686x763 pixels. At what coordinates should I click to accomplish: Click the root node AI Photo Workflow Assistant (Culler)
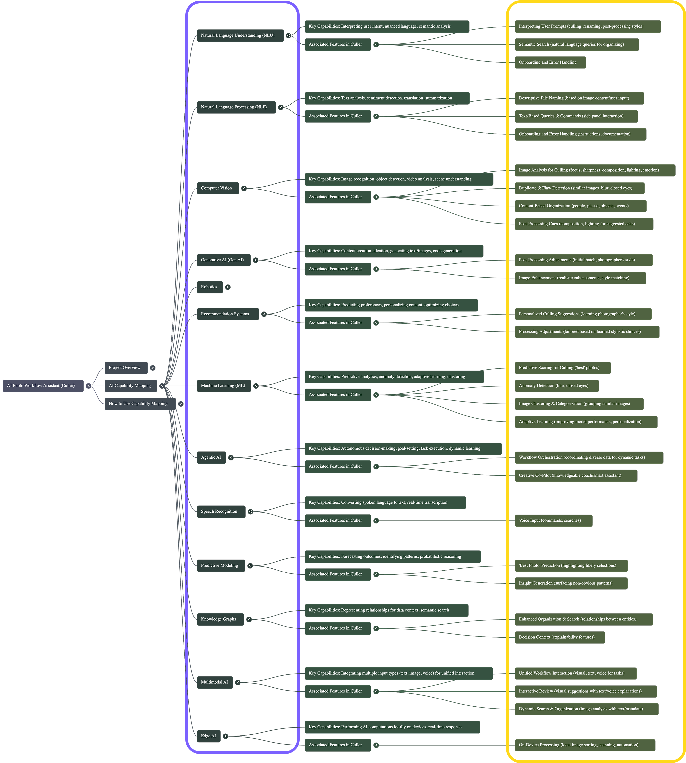[43, 386]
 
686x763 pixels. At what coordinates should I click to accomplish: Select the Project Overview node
[126, 368]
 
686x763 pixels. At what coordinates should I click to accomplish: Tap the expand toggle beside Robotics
[228, 287]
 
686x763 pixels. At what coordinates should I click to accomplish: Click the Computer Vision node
[217, 188]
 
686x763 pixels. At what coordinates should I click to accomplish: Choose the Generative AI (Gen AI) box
[223, 260]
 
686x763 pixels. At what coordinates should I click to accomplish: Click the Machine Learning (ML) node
[224, 386]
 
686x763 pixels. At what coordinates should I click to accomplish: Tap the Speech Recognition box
[221, 512]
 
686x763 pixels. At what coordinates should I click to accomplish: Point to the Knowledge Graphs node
[220, 619]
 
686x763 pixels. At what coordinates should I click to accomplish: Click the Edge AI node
[208, 736]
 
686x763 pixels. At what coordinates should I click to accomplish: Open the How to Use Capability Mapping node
[140, 404]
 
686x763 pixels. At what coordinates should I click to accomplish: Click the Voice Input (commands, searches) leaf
[553, 521]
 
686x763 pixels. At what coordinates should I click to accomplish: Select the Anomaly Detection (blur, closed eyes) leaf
[556, 386]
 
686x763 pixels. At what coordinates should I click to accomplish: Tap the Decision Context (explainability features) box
[560, 637]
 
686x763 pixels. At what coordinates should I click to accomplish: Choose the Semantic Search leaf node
[577, 45]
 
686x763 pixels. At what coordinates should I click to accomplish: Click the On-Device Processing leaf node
[585, 745]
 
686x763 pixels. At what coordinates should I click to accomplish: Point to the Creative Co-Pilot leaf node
[576, 476]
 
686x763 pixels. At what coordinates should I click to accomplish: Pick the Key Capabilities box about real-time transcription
[385, 502]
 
